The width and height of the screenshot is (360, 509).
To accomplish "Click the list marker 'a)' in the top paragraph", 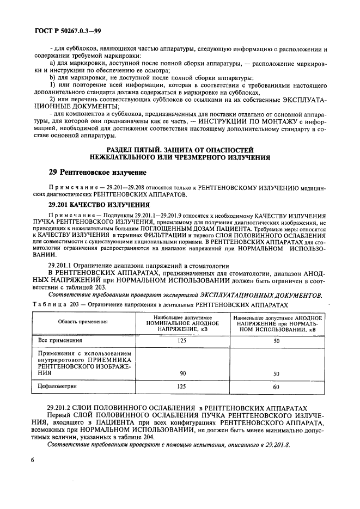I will (52, 64).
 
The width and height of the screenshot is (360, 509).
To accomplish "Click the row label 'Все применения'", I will (60, 340).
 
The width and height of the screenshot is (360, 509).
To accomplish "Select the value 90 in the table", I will (182, 373).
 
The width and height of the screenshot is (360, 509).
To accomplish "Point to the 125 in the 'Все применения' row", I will (182, 340).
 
